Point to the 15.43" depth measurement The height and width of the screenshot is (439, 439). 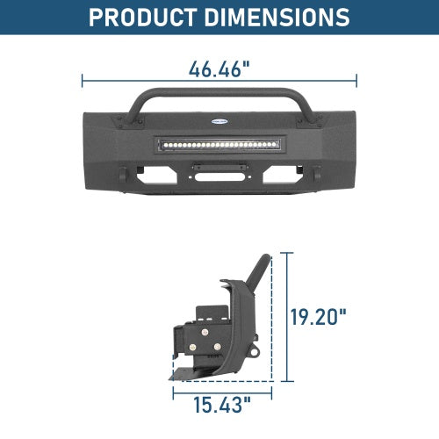pyautogui.click(x=221, y=405)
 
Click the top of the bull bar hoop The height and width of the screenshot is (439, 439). pyautogui.click(x=219, y=91)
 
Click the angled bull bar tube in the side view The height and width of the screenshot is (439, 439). pyautogui.click(x=257, y=268)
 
